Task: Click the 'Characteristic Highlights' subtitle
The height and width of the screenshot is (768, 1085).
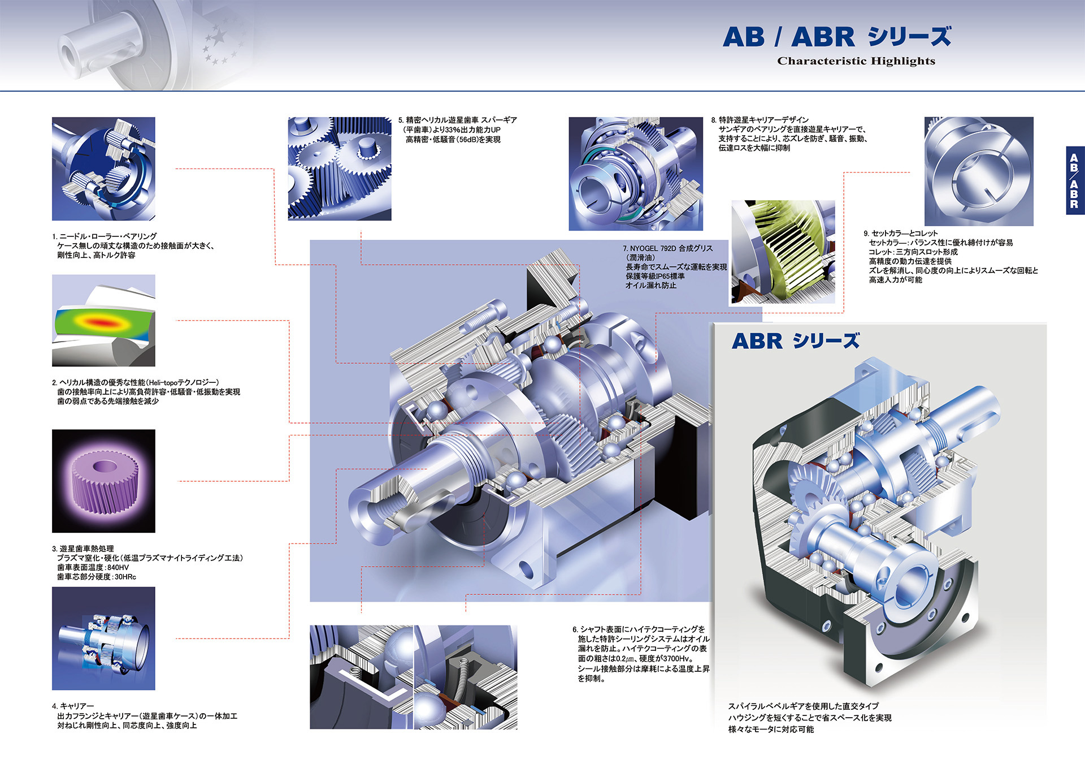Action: coord(856,61)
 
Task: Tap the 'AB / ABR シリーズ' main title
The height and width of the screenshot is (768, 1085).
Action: coord(836,37)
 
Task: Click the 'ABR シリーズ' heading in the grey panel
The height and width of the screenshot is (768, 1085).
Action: coord(795,341)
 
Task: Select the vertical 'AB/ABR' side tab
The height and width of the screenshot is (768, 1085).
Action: coord(1074,181)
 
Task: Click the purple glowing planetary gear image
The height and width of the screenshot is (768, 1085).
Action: coord(103,481)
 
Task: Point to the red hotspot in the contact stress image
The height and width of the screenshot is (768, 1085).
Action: coord(102,323)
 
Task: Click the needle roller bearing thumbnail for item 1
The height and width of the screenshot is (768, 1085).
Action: coord(103,169)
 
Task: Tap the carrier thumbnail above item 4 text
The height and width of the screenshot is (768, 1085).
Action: coord(103,638)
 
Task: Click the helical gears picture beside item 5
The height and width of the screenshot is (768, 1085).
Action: coord(339,169)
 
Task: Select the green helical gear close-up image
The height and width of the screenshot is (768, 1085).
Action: coord(783,252)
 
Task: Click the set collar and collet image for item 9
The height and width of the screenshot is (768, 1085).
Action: coord(978,171)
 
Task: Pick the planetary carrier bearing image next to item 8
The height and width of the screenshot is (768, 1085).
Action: coord(635,174)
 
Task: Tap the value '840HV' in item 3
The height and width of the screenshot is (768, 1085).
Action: coord(118,567)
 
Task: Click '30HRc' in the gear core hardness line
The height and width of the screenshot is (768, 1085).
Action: coord(125,577)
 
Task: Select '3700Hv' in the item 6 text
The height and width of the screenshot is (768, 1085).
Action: coord(679,658)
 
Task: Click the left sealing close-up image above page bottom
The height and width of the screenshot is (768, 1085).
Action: coord(361,677)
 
